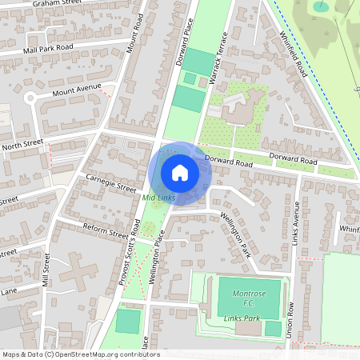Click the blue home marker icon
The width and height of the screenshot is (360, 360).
tap(180, 172)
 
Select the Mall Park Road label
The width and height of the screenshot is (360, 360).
tap(48, 48)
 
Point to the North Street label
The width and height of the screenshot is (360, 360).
tap(22, 145)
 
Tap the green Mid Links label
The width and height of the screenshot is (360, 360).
tap(158, 197)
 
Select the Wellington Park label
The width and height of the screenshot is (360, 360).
tap(234, 233)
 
